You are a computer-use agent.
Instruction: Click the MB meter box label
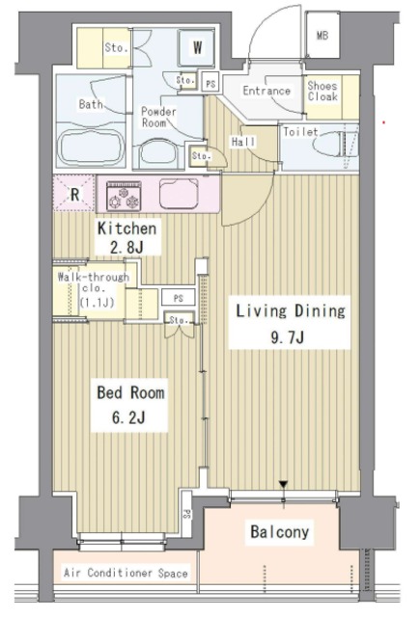322,36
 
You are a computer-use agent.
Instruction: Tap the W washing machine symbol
197,47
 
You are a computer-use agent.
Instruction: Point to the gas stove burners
124,197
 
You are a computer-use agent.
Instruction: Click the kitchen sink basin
179,194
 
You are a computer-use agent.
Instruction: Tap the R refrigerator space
74,194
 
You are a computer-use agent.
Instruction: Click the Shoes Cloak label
322,92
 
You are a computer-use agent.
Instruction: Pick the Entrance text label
266,91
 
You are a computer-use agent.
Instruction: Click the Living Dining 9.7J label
290,323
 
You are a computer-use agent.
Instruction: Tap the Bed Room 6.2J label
130,405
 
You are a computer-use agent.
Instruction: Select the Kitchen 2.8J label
126,237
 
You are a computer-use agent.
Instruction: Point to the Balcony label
279,531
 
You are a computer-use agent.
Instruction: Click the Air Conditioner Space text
126,573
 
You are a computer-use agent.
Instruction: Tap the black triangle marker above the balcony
283,484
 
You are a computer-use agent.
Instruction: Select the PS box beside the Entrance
210,83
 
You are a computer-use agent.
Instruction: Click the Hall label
243,142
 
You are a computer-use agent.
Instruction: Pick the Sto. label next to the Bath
116,47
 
